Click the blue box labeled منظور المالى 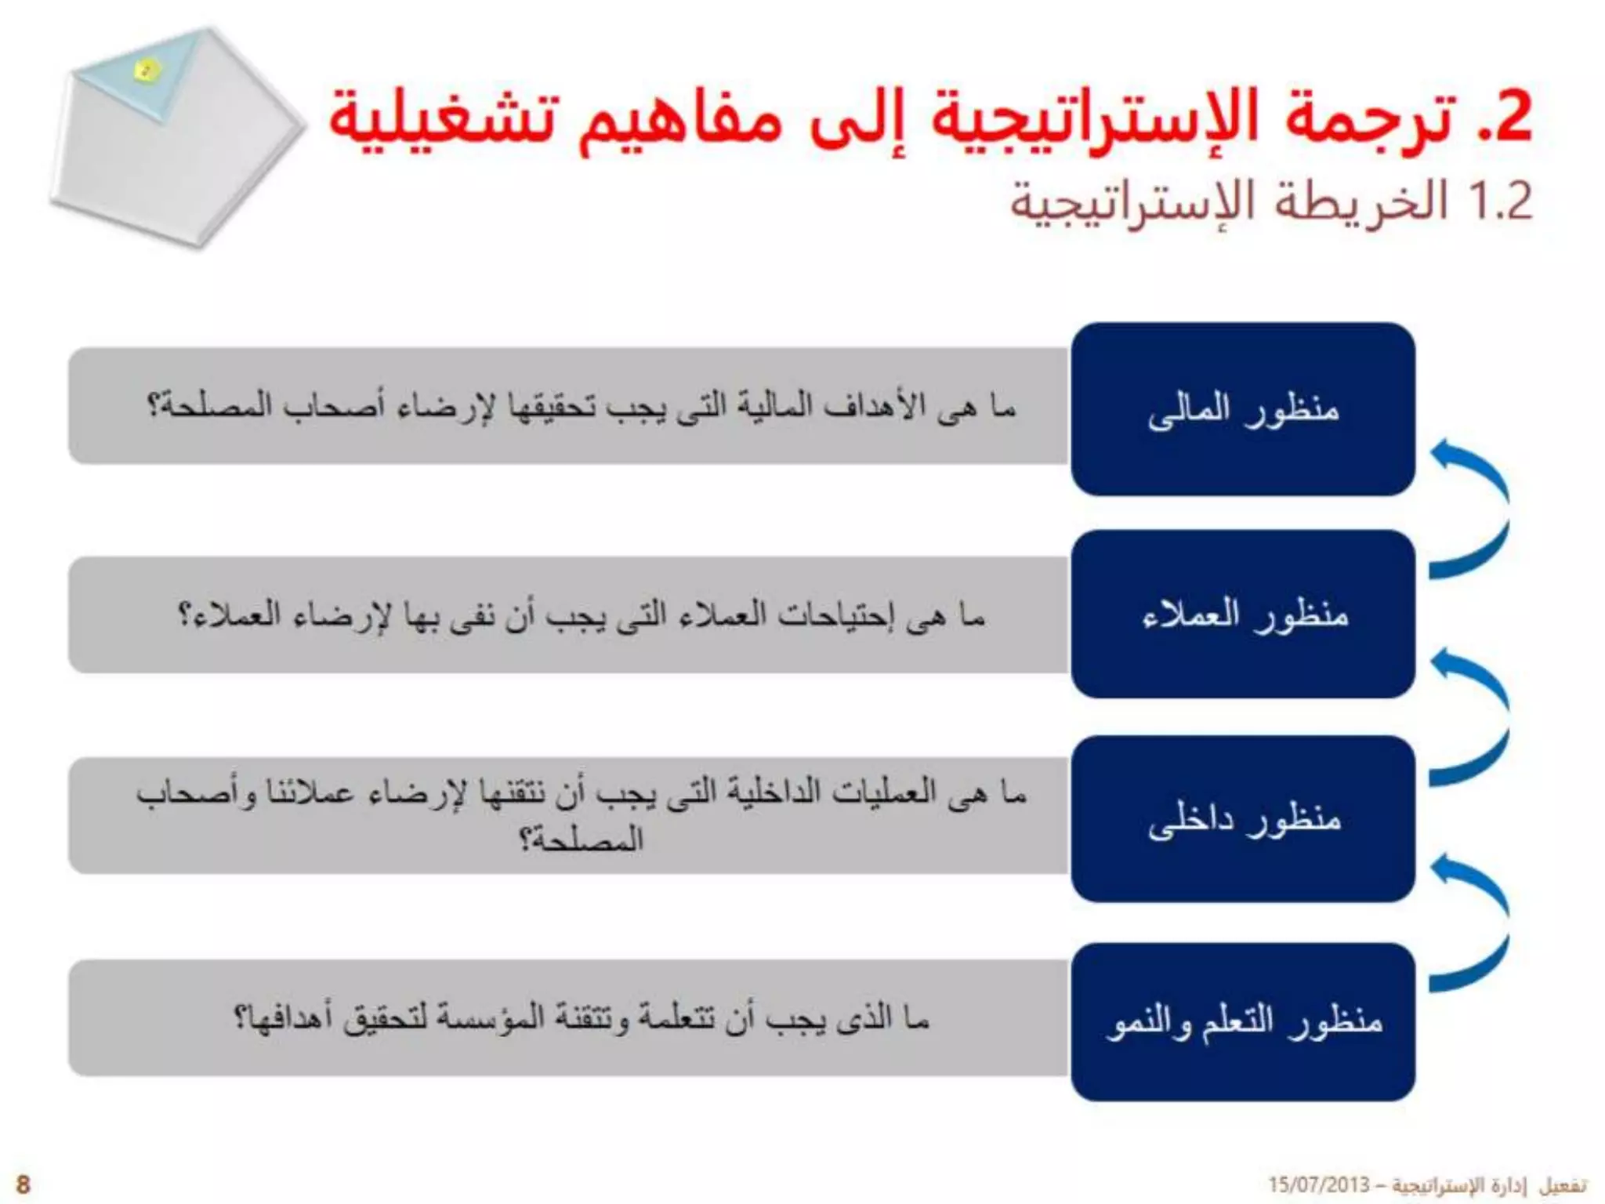[1243, 409]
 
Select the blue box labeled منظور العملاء [1243, 614]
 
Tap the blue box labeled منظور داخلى [1243, 818]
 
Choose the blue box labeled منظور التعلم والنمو [1243, 1021]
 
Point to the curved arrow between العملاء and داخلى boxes [1469, 717]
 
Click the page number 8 [23, 1184]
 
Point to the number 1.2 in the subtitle [1502, 201]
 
